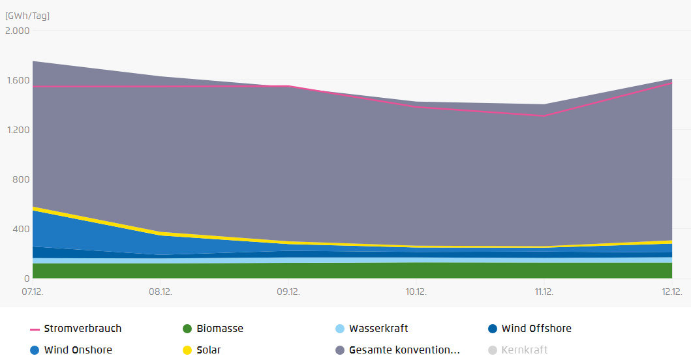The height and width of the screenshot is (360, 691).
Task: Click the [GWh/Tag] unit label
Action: point(27,16)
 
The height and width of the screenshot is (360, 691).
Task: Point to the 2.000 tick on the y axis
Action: point(17,31)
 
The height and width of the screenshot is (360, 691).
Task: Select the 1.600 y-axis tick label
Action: point(18,80)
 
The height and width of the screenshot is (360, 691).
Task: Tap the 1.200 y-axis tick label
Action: point(18,130)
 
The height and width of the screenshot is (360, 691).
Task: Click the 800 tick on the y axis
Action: point(21,179)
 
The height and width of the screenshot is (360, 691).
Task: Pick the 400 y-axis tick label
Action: point(21,229)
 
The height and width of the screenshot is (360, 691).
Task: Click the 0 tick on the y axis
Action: point(27,278)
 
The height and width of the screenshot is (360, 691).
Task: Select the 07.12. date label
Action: point(33,292)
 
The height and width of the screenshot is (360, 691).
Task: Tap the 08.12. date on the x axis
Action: point(161,292)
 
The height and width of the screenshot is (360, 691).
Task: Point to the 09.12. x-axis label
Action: point(288,292)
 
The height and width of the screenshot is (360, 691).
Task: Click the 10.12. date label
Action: point(416,292)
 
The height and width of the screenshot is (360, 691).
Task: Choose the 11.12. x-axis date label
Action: point(544,292)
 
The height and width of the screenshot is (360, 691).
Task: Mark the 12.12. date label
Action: point(671,292)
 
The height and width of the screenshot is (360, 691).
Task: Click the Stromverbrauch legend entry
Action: point(76,329)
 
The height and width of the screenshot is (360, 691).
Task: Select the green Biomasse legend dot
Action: point(187,329)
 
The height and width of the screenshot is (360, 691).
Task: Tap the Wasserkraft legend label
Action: point(378,329)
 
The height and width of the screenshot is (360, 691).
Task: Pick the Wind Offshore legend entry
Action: point(530,329)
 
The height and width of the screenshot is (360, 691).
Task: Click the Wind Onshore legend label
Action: point(78,350)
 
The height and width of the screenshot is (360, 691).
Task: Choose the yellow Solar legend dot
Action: point(187,350)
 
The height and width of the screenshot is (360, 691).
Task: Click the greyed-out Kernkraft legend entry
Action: point(518,350)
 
